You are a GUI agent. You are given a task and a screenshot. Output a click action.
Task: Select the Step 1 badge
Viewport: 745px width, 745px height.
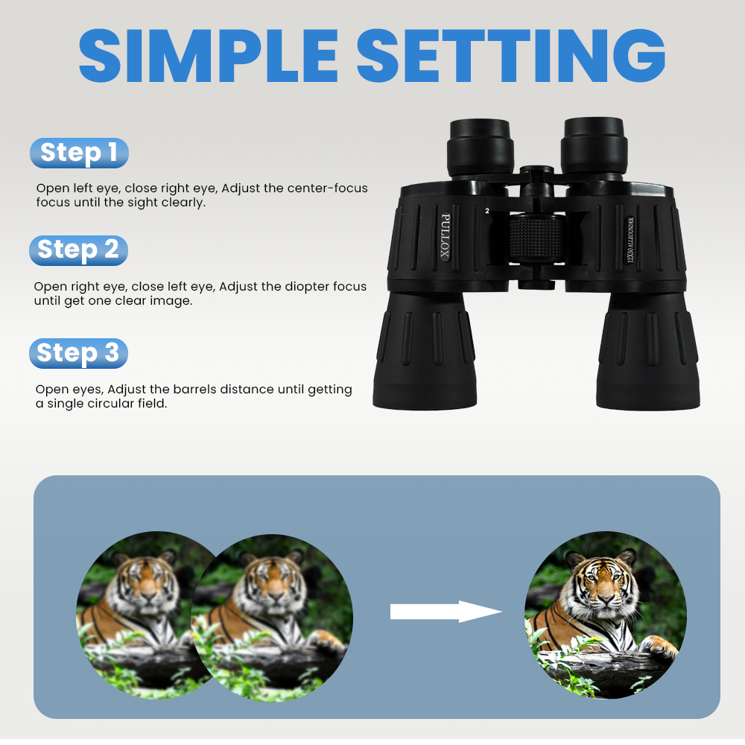79,153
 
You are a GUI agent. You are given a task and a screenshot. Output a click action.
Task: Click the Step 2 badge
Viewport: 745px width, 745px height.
78,250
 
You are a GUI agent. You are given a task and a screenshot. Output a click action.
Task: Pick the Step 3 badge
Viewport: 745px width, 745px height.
78,353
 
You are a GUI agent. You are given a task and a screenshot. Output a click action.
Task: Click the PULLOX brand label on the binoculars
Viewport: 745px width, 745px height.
446,237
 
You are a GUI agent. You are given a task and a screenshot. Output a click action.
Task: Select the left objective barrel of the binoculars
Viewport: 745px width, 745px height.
425,350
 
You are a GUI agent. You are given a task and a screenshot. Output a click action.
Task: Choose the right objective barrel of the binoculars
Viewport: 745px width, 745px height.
647,350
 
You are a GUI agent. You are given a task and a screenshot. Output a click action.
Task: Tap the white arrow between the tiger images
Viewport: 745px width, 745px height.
445,612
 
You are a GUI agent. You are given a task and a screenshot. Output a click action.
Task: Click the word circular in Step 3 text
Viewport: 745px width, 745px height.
113,404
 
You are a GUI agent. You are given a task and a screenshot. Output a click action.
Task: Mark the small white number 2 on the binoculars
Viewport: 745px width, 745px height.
486,212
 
